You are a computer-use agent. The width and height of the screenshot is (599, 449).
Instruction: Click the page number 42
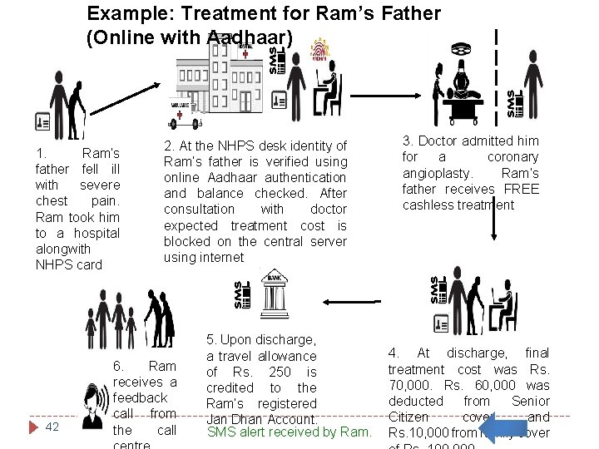(52, 427)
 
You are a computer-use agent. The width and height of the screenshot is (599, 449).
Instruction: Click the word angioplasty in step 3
(438, 173)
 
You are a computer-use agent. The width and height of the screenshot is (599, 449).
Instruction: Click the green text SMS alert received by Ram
(289, 432)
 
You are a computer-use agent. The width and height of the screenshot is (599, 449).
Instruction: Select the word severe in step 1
(100, 185)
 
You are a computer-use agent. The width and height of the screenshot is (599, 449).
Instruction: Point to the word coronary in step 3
(512, 157)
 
